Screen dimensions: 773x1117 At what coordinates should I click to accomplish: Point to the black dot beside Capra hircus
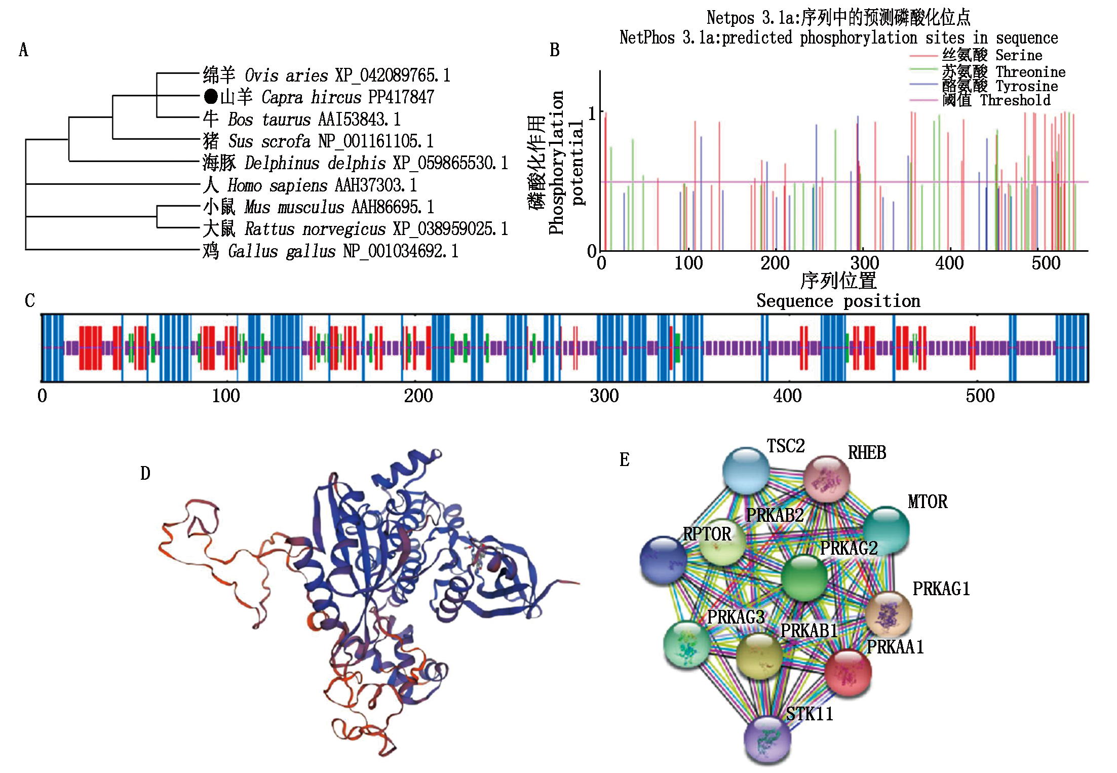coord(211,96)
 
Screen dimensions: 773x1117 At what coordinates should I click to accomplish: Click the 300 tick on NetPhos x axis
coord(864,263)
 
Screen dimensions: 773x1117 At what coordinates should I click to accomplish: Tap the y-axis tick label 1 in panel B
coord(592,113)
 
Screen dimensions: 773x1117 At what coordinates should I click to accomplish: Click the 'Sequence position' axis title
coord(838,301)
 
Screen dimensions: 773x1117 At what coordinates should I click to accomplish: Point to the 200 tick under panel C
coord(418,396)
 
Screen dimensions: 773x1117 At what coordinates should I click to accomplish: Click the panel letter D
coord(145,474)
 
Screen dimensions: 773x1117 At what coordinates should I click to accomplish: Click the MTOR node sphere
coord(885,530)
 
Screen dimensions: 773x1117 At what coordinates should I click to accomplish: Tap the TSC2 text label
coord(785,446)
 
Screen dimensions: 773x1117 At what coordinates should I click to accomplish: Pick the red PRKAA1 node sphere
coord(848,673)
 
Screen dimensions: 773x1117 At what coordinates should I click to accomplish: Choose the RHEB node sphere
coord(827,479)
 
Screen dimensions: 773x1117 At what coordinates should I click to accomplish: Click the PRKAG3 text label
coord(736,617)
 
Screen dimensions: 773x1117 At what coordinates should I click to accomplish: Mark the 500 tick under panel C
coord(980,396)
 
